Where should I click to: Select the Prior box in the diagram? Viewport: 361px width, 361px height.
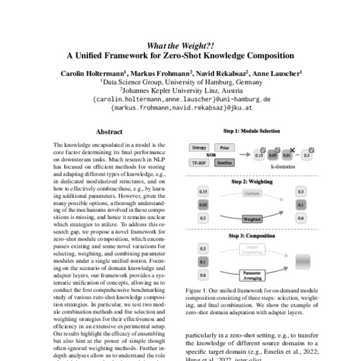[x=224, y=147]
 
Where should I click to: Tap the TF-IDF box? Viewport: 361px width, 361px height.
[x=198, y=162]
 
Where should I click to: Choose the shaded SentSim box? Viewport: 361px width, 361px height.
[x=224, y=162]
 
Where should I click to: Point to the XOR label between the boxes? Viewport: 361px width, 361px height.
[x=211, y=155]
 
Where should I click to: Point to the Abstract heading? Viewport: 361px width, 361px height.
[x=109, y=131]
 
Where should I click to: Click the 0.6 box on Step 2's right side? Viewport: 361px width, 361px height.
[x=300, y=218]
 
